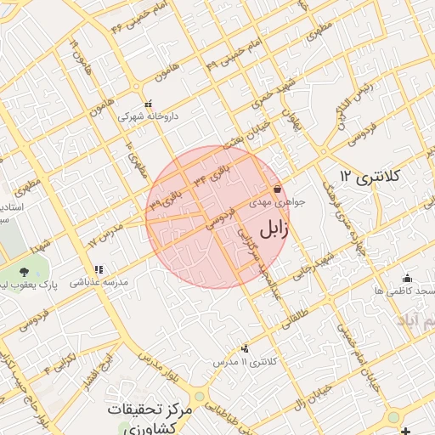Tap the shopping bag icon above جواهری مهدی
pos(277,189)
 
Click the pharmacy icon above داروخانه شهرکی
pos(149,105)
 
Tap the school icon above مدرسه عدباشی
pos(99,269)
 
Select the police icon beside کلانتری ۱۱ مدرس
pos(246,347)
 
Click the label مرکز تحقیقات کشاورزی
pos(152,418)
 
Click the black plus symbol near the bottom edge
pos(414,429)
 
